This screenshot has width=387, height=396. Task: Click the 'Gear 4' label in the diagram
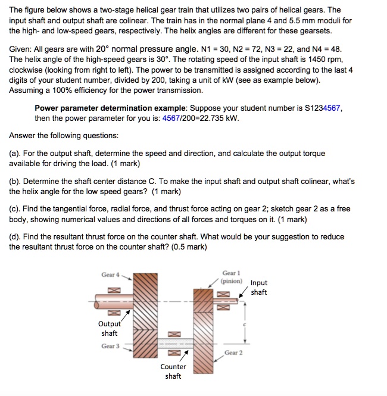pyautogui.click(x=110, y=275)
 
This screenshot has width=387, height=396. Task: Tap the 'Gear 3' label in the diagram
pyautogui.click(x=110, y=346)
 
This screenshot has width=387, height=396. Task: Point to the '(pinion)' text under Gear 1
pyautogui.click(x=231, y=280)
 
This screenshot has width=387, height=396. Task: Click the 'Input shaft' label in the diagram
pyautogui.click(x=259, y=288)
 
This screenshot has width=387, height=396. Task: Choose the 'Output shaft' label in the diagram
pyautogui.click(x=110, y=329)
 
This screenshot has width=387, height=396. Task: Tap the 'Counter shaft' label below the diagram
pyautogui.click(x=173, y=371)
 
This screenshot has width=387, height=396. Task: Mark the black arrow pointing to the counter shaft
pyautogui.click(x=174, y=356)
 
